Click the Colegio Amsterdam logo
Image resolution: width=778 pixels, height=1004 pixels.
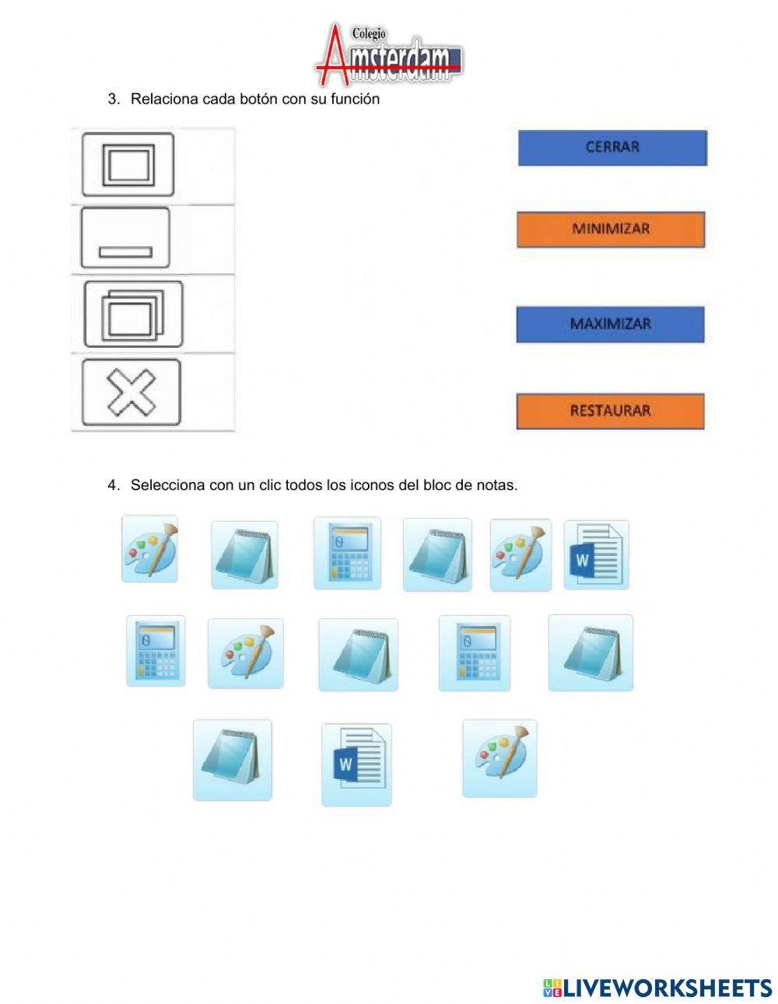pos(389,54)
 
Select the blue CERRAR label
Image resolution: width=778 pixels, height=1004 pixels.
pos(612,148)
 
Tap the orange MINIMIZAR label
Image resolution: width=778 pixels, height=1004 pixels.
pos(611,229)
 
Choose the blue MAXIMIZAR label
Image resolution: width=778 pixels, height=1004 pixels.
pos(610,324)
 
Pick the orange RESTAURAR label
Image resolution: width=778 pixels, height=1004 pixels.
pos(610,411)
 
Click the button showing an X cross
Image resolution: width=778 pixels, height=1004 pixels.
pos(131,392)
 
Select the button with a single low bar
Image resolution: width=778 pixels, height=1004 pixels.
pos(125,238)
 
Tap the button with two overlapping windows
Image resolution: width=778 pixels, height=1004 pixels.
pos(134,314)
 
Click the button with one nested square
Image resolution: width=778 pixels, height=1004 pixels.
pos(128,165)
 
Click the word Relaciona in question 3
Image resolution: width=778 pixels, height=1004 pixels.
pos(164,99)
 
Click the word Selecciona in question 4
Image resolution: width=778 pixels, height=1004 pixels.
pos(168,485)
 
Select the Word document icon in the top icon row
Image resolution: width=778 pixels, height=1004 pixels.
pos(596,554)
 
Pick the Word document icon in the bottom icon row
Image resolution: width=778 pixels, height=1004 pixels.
pos(356,765)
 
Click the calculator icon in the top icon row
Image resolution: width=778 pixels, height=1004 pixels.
pos(348,553)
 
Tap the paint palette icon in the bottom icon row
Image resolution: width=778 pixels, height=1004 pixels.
pos(500,758)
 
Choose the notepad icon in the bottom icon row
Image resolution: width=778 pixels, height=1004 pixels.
pos(233,760)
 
